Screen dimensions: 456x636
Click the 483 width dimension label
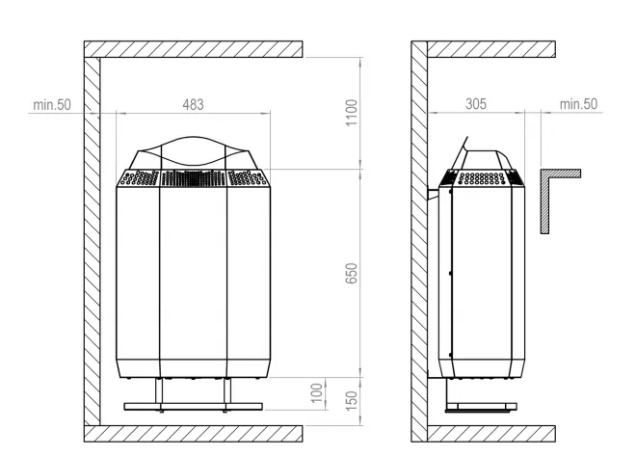pyautogui.click(x=193, y=104)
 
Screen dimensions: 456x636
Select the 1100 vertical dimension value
pyautogui.click(x=352, y=113)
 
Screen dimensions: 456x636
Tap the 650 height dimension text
pyautogui.click(x=352, y=274)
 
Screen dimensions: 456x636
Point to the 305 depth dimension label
pyautogui.click(x=476, y=104)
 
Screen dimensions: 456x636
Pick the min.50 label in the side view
pyautogui.click(x=578, y=104)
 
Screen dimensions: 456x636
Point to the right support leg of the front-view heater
pyautogui.click(x=228, y=391)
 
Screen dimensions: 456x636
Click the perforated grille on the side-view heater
pyautogui.click(x=486, y=178)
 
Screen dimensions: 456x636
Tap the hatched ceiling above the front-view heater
pyautogui.click(x=193, y=48)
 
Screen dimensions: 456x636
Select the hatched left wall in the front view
pyautogui.click(x=92, y=241)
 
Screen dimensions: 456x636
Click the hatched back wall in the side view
pyautogui.click(x=419, y=241)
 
